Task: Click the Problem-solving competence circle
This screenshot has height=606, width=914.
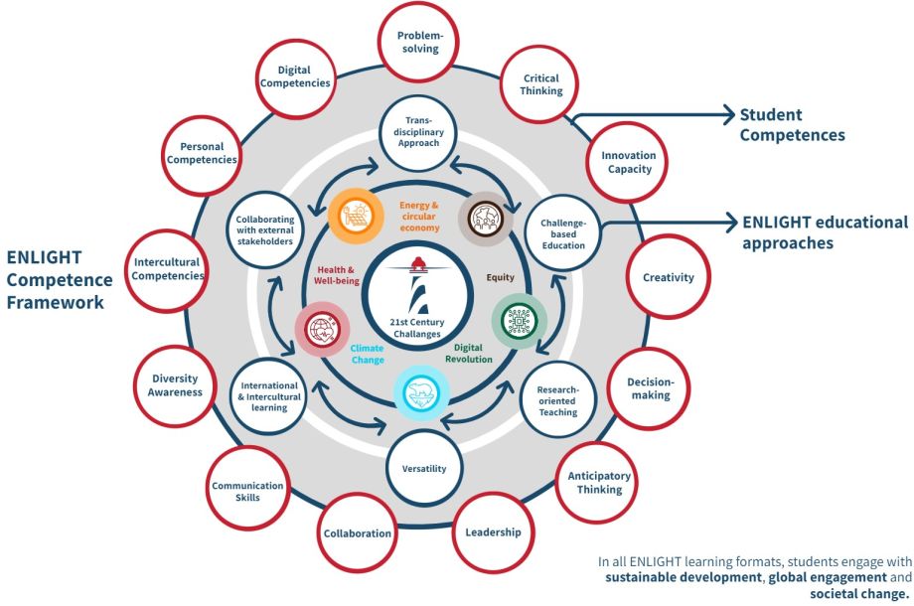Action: pos(417,42)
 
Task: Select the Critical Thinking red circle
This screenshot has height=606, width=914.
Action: pos(539,84)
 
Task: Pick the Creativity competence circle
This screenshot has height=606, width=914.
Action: pos(668,278)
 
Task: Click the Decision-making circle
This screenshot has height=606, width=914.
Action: pos(650,388)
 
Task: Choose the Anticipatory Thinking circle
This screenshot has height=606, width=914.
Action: pos(599,482)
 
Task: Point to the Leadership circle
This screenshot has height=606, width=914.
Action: pos(493,532)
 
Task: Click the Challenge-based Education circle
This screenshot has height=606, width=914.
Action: pos(563,231)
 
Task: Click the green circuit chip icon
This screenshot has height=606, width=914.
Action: pos(519,320)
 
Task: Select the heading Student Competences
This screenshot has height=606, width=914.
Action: pos(791,125)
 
